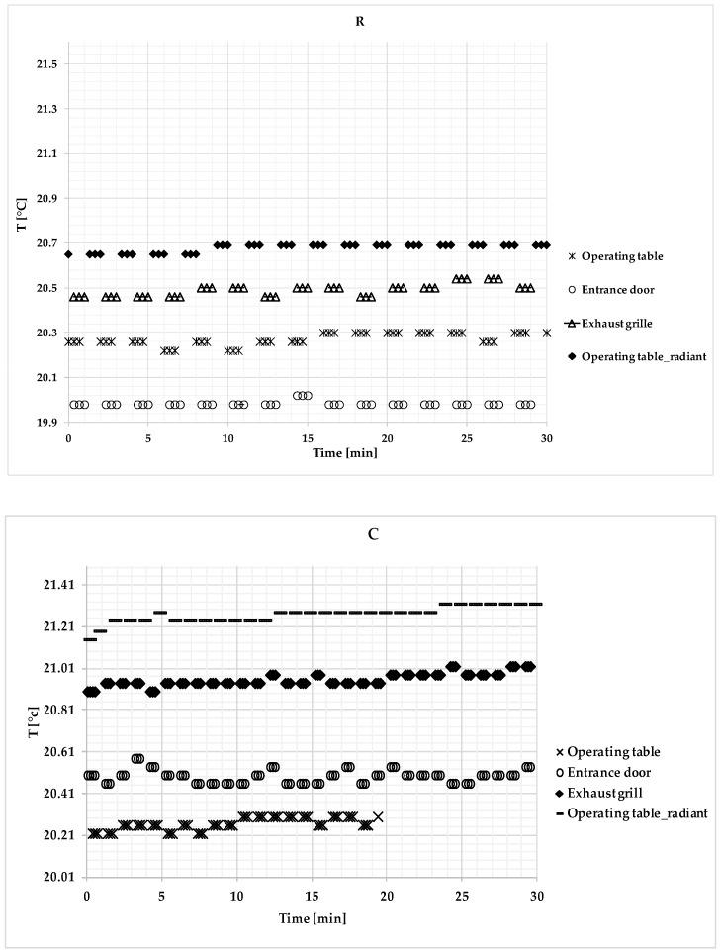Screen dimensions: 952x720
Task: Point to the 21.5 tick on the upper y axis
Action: [45, 64]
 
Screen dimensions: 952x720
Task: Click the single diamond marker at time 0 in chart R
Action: [68, 254]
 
